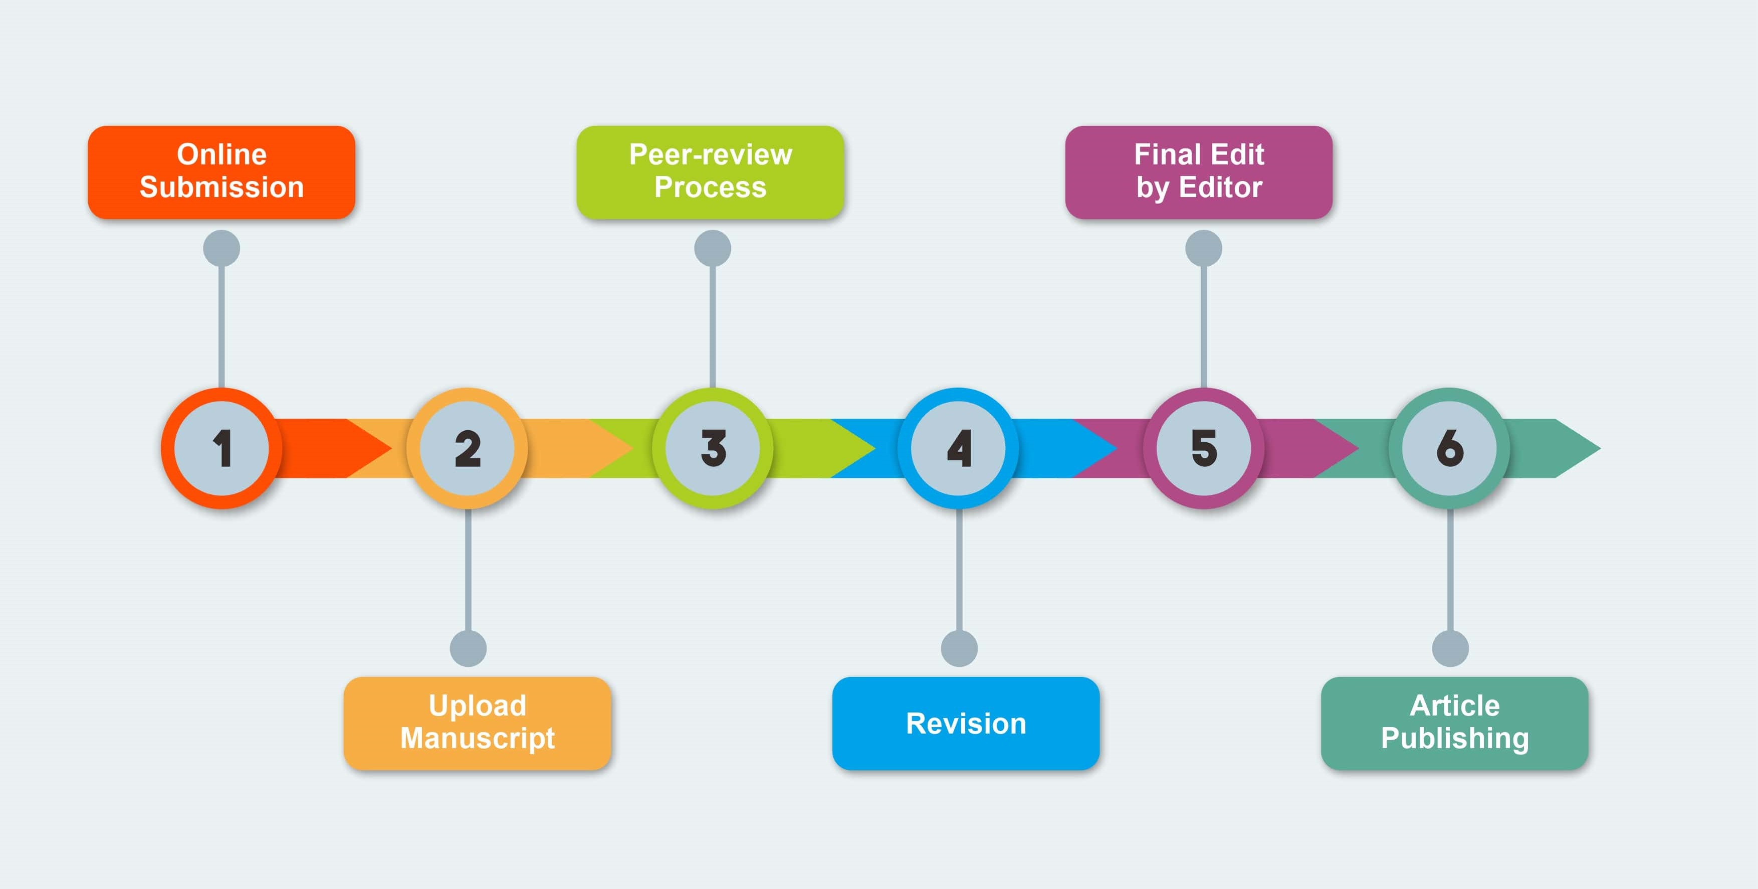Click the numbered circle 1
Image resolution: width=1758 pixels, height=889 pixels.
click(x=222, y=449)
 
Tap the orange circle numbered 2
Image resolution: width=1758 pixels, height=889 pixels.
click(x=468, y=449)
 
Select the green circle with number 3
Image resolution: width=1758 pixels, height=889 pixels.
click(x=713, y=449)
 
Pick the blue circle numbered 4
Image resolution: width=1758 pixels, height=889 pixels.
click(x=959, y=449)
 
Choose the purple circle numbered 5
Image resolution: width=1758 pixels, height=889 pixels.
click(x=1204, y=449)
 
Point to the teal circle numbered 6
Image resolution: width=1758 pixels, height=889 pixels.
click(x=1449, y=449)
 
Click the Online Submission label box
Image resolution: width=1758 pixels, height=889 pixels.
click(x=222, y=172)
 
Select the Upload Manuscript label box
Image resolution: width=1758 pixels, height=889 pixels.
click(x=477, y=723)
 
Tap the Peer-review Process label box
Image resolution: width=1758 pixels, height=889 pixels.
click(x=711, y=172)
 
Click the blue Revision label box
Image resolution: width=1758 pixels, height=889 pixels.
click(x=966, y=723)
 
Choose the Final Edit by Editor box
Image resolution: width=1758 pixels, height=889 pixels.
click(x=1199, y=172)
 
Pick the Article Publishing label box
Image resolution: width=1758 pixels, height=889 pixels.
click(x=1454, y=723)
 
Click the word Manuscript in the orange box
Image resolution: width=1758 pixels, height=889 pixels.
click(x=477, y=739)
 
